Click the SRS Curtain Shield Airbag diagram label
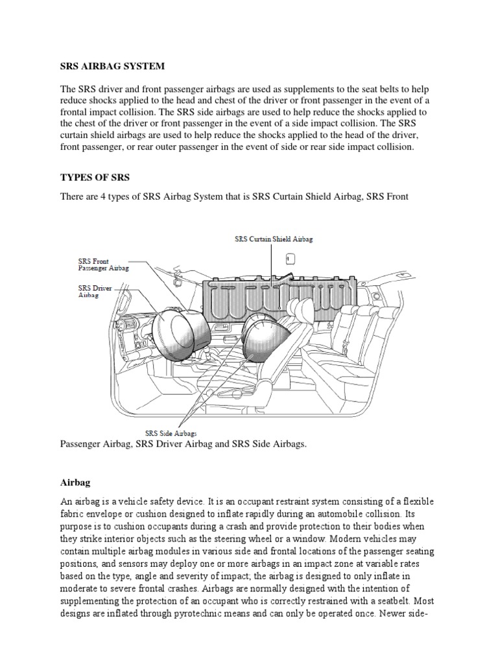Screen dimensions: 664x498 (273, 239)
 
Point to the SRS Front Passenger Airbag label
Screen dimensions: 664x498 (99, 264)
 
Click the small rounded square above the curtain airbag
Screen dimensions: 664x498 (290, 259)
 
